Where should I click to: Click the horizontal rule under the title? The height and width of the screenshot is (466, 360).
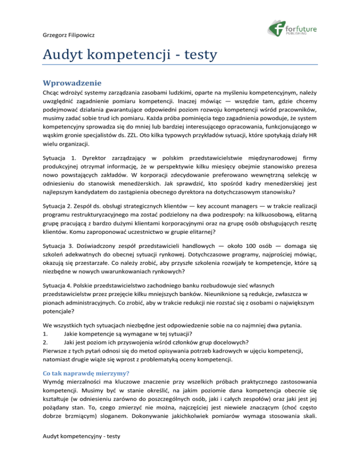click(x=180, y=66)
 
